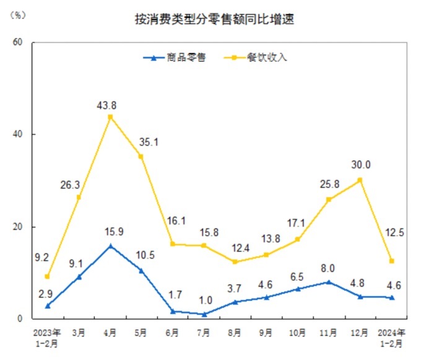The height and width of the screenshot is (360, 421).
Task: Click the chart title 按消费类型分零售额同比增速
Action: pyautogui.click(x=214, y=19)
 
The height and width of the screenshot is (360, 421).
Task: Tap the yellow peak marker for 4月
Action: pyautogui.click(x=110, y=116)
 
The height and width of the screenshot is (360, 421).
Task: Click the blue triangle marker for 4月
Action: pyautogui.click(x=110, y=245)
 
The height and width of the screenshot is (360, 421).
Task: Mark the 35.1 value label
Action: pyautogui.click(x=149, y=142)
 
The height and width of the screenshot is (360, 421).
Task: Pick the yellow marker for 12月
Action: pyautogui.click(x=360, y=180)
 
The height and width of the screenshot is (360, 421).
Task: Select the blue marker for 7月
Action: pyautogui.click(x=204, y=314)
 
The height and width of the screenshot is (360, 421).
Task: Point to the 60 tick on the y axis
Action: pyautogui.click(x=18, y=42)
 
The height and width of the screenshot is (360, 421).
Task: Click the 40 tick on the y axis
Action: pyautogui.click(x=18, y=134)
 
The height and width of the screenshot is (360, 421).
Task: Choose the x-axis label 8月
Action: pyautogui.click(x=235, y=331)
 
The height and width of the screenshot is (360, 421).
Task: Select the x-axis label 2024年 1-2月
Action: pyautogui.click(x=391, y=336)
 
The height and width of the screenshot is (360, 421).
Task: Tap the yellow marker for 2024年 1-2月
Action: pyautogui.click(x=391, y=261)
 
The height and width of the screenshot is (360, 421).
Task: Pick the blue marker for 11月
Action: pyautogui.click(x=329, y=282)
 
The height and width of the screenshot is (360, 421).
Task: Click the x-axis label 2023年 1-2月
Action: pyautogui.click(x=48, y=336)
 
